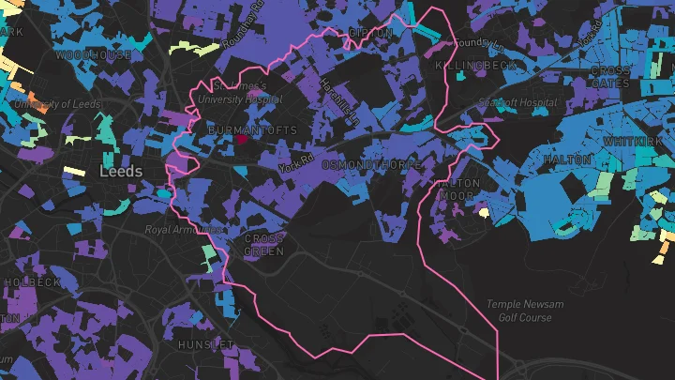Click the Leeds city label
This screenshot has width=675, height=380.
(122, 172)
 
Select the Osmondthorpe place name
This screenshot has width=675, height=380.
(367, 164)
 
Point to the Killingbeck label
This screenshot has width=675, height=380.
(476, 66)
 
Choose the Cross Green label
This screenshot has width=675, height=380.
(263, 245)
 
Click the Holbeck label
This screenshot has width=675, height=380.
(31, 281)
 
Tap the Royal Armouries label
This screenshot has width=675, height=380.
(185, 229)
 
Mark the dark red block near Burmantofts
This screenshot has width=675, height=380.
(241, 139)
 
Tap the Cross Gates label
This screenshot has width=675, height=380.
(610, 77)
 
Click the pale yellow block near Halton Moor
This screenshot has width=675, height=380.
(484, 213)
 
